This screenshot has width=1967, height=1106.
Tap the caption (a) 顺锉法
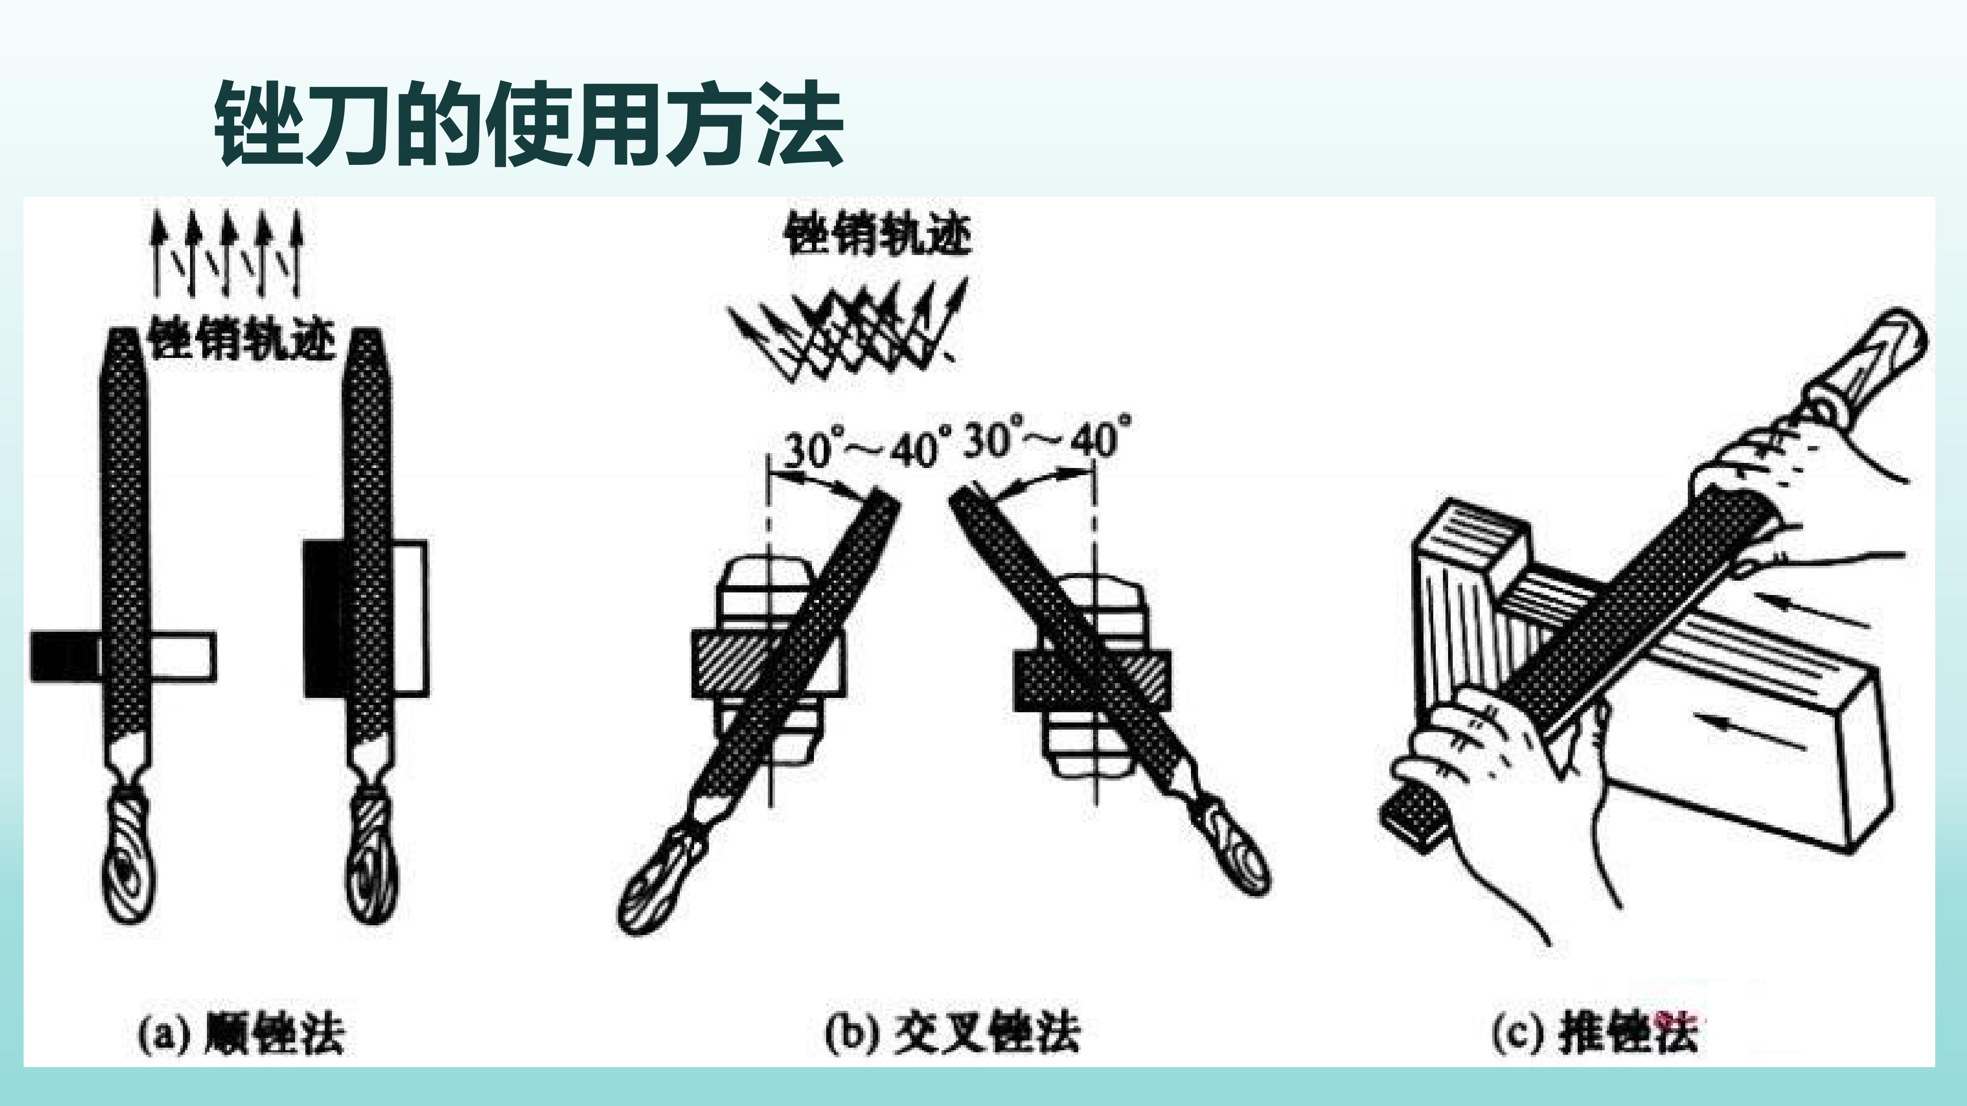[x=241, y=1033]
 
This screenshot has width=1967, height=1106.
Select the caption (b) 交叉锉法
[x=952, y=1033]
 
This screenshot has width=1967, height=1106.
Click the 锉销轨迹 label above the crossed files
[x=878, y=233]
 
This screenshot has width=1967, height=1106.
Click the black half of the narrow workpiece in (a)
[x=66, y=656]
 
